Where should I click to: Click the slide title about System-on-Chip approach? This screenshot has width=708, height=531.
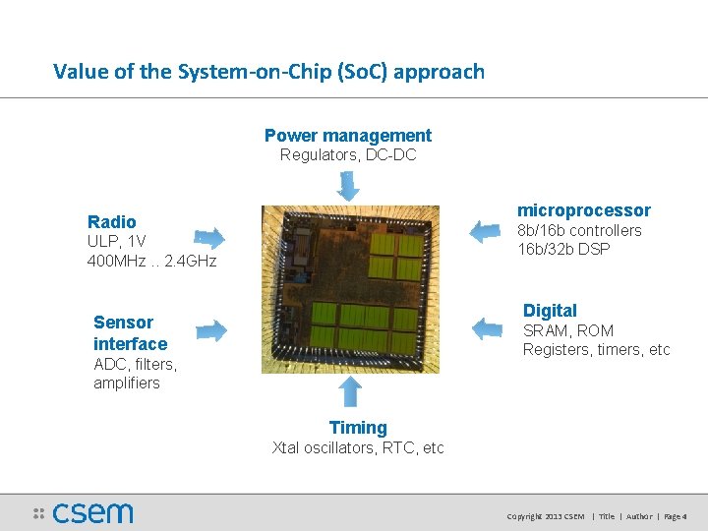268,71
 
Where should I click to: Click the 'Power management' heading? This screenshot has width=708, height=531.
347,136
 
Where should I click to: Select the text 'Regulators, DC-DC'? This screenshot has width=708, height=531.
347,155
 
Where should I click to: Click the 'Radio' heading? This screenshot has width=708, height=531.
112,221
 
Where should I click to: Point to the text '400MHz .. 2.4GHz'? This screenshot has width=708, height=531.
151,261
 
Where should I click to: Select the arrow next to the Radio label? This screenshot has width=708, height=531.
209,237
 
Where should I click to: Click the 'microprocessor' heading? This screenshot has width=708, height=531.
583,210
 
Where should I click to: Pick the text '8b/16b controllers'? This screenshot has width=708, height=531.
579,230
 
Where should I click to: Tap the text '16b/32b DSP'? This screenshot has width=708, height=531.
563,249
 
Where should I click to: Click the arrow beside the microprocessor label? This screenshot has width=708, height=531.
485,231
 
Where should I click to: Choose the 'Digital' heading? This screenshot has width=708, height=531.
550,311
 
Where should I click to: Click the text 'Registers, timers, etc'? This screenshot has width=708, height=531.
596,350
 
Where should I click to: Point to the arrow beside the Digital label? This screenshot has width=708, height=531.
489,327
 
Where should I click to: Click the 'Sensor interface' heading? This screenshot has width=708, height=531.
130,332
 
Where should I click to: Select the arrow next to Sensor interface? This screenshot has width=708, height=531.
210,329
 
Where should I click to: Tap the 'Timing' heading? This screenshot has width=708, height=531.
358,428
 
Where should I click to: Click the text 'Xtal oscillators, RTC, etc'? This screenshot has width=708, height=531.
358,448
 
